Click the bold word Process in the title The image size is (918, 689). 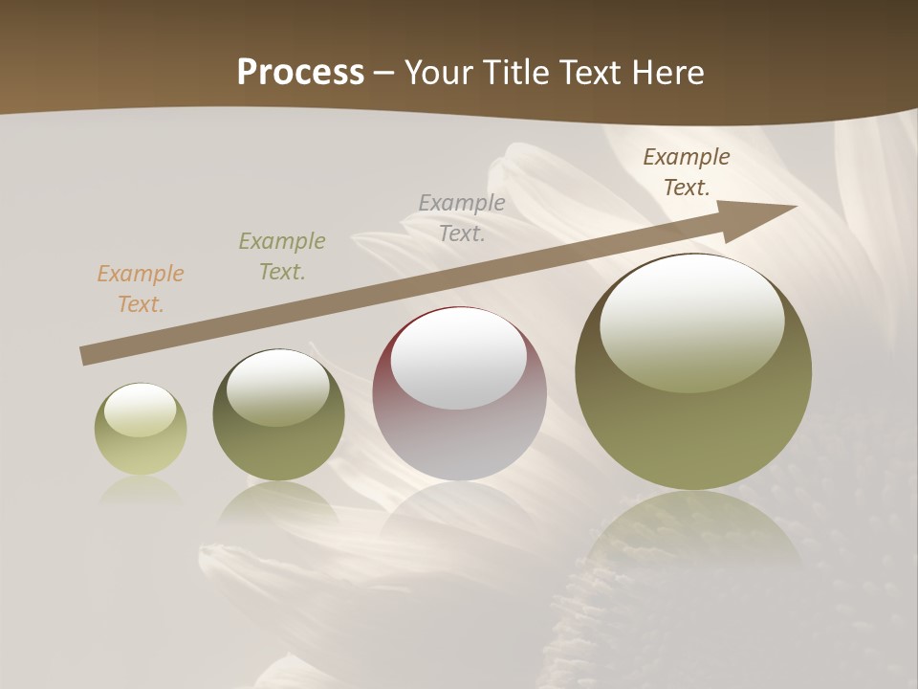point(300,73)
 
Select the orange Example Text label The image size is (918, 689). point(141,289)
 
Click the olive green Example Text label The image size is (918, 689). point(282,256)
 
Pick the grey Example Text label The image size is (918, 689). point(462,217)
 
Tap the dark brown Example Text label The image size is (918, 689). point(687,172)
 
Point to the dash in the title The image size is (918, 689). point(383,73)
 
